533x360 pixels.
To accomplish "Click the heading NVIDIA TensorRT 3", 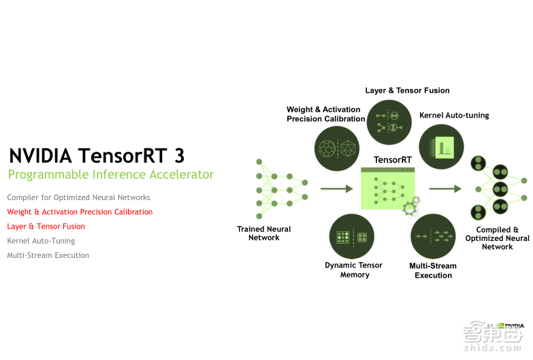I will click(96, 155).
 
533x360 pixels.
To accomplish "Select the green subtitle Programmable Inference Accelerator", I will click(110, 175).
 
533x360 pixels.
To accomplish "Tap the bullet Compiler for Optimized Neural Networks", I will click(78, 197).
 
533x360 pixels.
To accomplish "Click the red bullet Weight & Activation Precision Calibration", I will click(80, 212).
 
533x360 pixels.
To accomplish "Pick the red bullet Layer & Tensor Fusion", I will click(46, 226).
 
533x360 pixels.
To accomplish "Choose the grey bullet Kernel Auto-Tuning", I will click(41, 241).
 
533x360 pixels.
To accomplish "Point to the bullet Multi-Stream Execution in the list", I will click(48, 255).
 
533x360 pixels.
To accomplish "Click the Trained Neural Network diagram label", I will click(264, 233).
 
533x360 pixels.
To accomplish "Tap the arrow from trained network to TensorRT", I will click(336, 189).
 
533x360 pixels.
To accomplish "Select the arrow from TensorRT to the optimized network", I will click(445, 189).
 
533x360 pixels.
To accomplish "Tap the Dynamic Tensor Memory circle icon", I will click(352, 237).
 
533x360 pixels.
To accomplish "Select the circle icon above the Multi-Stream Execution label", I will click(433, 237).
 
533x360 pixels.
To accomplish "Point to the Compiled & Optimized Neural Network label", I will click(497, 238).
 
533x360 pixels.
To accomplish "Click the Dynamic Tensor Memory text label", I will click(354, 270).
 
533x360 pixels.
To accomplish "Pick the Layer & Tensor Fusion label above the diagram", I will click(407, 91).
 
